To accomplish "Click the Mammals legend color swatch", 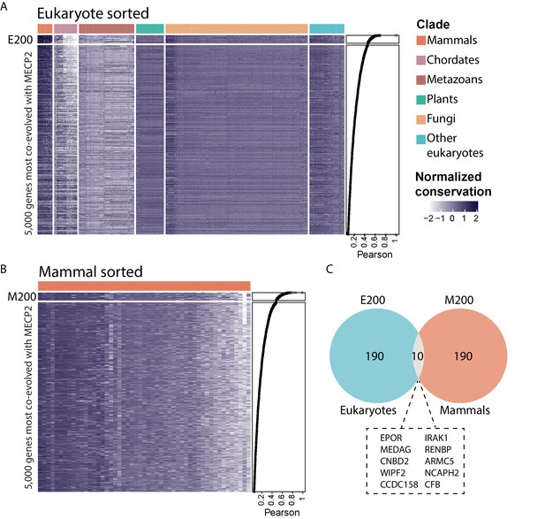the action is click(421, 41).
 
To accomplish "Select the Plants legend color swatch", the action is click(421, 100).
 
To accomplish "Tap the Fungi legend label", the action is click(441, 119).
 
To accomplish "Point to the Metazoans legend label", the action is click(455, 80).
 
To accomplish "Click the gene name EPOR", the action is click(391, 438).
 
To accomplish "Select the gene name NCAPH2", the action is click(442, 473).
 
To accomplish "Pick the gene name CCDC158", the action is click(399, 485).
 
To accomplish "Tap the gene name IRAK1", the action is click(436, 438).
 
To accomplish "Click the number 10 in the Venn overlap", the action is click(418, 356).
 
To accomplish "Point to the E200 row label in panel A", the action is click(20, 40).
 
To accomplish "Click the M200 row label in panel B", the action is click(22, 297).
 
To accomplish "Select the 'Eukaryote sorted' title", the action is click(93, 13).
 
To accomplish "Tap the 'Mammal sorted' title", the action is click(91, 271).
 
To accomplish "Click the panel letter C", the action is click(329, 270).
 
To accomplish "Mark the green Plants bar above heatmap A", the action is click(150, 29).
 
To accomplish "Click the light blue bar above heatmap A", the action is click(327, 29).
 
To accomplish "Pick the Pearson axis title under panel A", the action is click(375, 255).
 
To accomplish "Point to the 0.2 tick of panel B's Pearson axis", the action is click(261, 500).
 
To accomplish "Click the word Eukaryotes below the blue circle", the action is click(368, 410).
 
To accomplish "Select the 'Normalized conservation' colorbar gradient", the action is click(454, 207).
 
